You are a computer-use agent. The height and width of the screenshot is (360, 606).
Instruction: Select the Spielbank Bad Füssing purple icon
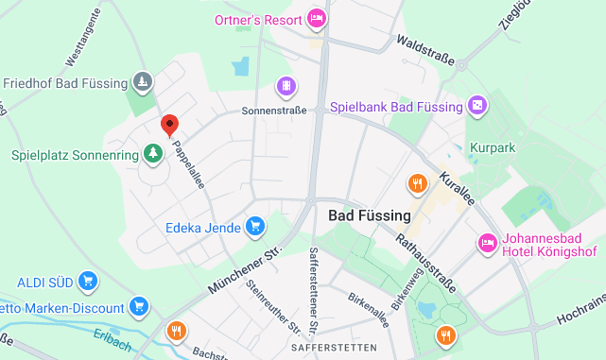click(478, 106)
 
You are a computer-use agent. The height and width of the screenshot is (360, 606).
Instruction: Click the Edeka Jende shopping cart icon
click(253, 226)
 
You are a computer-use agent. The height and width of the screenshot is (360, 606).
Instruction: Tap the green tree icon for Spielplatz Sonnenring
click(151, 152)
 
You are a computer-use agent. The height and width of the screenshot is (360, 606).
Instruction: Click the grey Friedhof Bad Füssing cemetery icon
click(142, 83)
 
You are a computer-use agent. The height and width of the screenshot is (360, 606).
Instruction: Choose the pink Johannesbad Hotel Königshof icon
click(488, 244)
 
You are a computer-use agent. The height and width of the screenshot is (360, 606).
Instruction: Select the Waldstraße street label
click(426, 53)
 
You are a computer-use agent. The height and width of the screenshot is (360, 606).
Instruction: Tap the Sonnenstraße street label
click(274, 111)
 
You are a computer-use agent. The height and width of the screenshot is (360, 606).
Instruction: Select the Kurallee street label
click(458, 190)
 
